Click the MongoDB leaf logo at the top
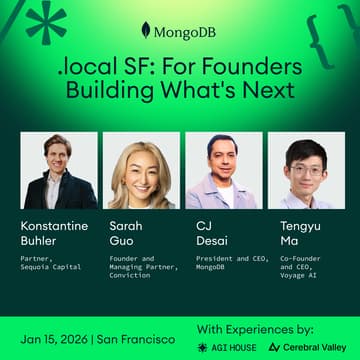tap(146, 31)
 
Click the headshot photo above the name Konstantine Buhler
tap(59, 169)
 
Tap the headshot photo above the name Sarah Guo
tap(141, 169)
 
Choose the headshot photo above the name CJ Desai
tap(223, 169)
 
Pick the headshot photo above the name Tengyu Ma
tap(305, 169)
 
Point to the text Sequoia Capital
tap(51, 267)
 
